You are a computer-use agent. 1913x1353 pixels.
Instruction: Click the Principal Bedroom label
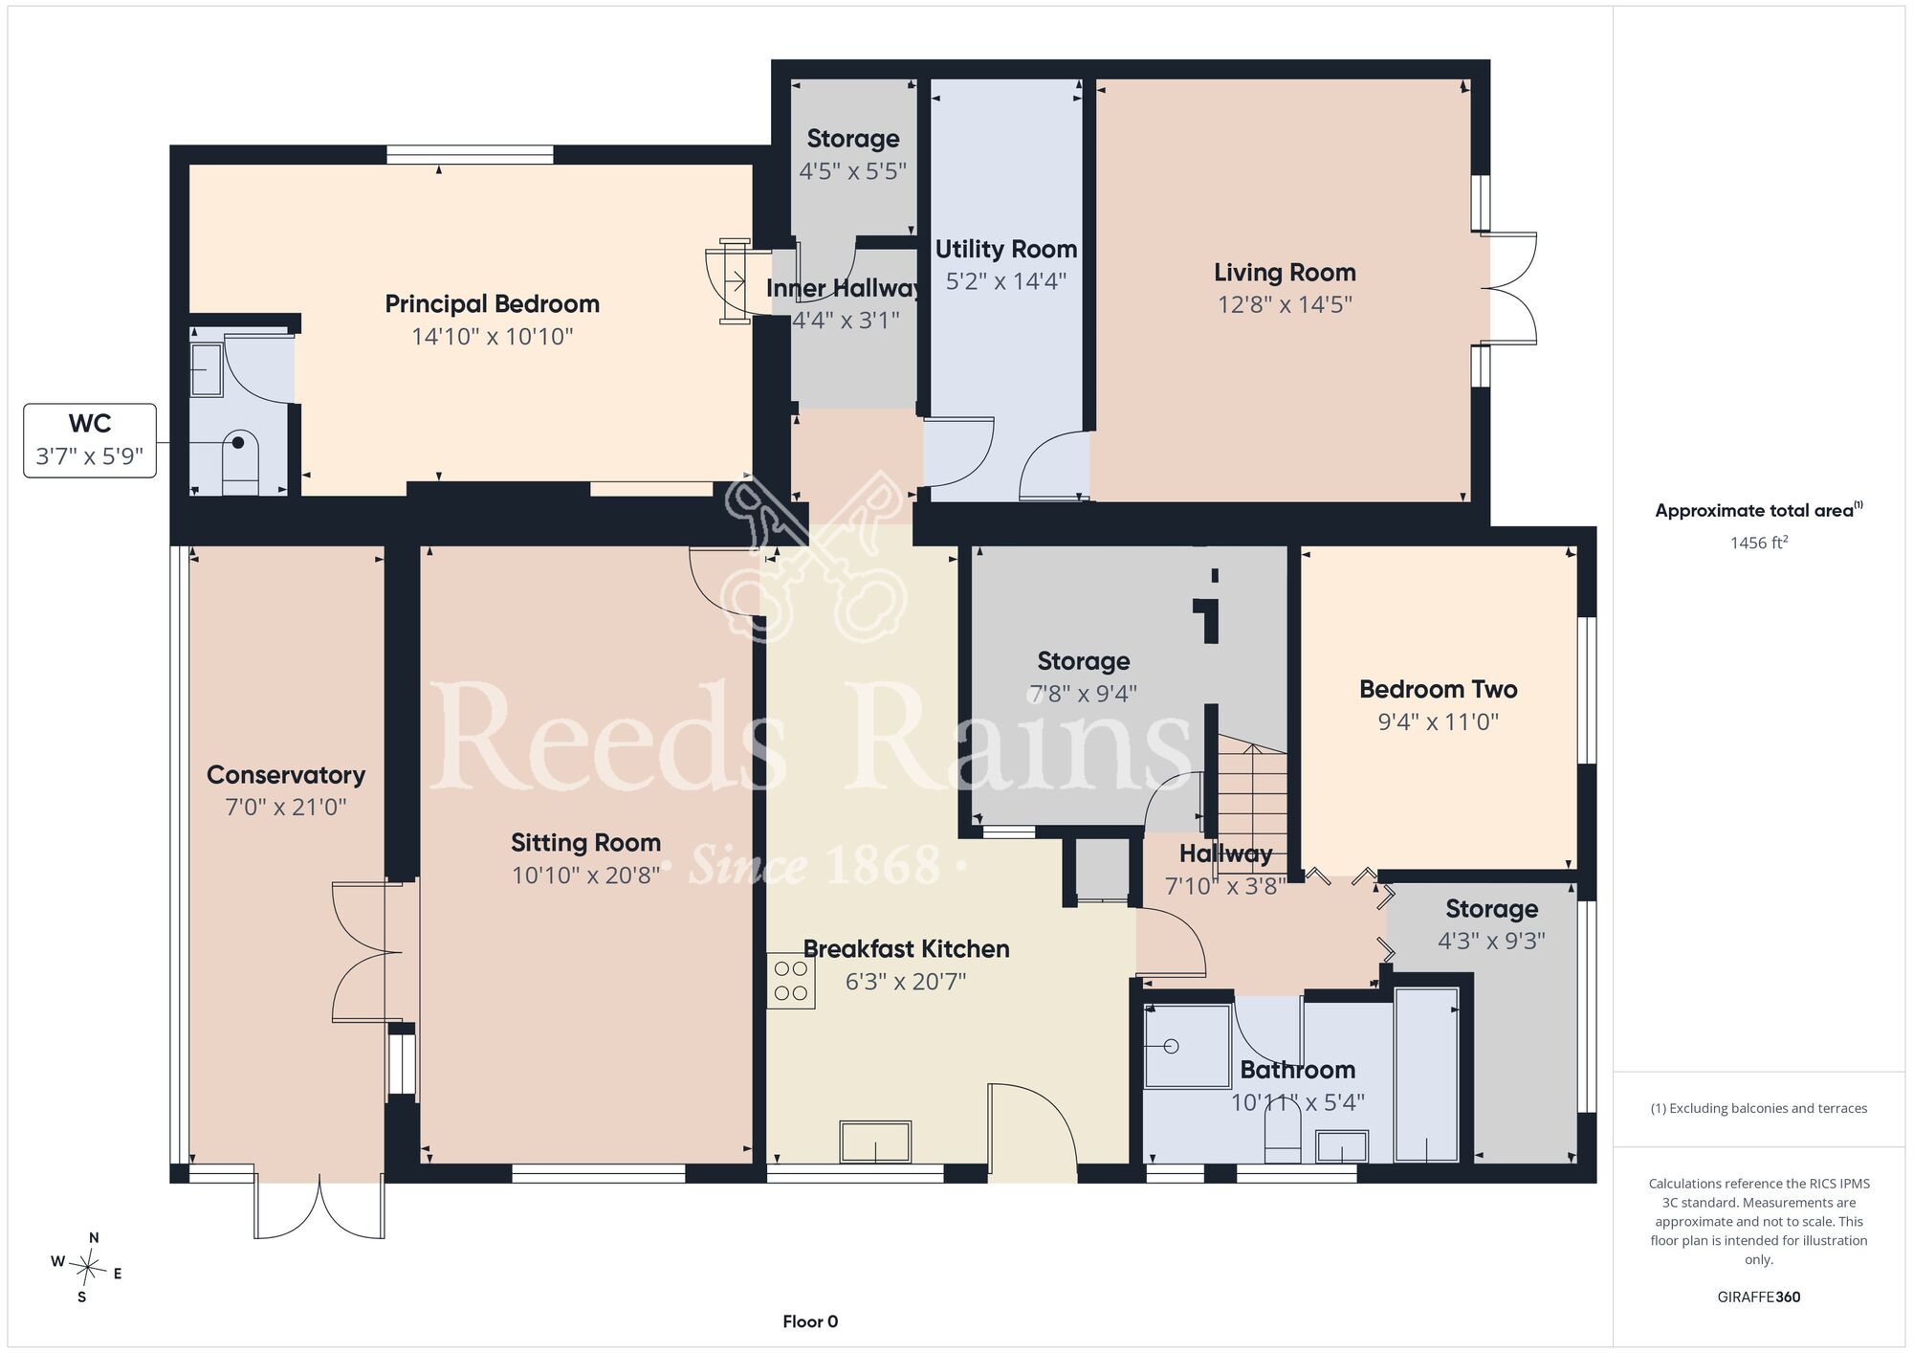(x=492, y=304)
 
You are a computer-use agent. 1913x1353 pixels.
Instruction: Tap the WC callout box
(x=90, y=440)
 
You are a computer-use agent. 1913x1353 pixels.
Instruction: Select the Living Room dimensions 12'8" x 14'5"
(x=1285, y=304)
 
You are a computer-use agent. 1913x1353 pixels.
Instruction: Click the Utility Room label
(x=1006, y=249)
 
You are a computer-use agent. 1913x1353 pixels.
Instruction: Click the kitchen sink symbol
(x=875, y=1142)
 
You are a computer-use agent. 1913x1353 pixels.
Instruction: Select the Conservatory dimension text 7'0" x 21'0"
(x=286, y=808)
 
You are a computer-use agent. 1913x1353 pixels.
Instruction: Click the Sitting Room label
(x=585, y=843)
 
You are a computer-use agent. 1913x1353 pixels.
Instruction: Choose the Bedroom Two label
(x=1439, y=689)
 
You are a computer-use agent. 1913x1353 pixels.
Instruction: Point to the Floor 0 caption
(x=810, y=1321)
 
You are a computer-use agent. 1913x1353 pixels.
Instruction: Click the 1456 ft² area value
(x=1759, y=543)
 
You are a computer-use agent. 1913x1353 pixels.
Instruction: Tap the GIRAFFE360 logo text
(x=1759, y=1298)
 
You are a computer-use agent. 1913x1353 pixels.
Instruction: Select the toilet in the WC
(x=240, y=463)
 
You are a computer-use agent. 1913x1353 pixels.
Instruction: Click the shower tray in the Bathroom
(x=1187, y=1046)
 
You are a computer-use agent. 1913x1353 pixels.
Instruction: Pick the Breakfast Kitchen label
(x=906, y=949)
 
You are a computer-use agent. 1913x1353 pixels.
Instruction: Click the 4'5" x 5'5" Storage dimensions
(x=853, y=171)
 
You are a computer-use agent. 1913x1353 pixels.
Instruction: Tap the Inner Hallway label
(x=845, y=288)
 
